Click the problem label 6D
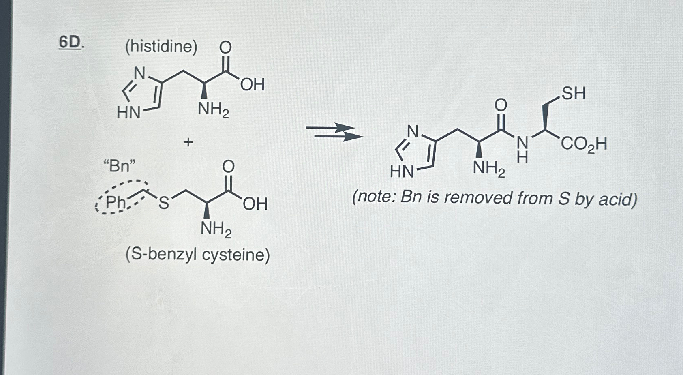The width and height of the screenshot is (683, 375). pos(71,43)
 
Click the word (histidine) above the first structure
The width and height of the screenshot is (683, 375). pos(161,47)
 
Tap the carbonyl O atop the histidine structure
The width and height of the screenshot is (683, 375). pos(225,48)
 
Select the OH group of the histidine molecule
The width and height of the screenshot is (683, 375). pos(252,85)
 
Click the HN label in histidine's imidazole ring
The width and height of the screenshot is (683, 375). pos(128,112)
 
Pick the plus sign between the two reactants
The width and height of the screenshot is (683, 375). pos(188,142)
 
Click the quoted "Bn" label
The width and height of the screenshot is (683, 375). pos(120,166)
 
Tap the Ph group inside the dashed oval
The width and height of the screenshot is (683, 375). pos(116,202)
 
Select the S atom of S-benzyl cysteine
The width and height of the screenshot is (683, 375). pos(163,203)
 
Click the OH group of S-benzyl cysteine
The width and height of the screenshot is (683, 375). pos(255,204)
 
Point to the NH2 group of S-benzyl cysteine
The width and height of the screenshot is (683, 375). pos(216,229)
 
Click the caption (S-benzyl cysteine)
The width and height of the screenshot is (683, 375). pos(197,255)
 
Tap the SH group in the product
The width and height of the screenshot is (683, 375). pos(574,94)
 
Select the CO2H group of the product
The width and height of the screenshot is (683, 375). pos(584,144)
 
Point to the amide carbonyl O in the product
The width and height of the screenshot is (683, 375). pos(501,105)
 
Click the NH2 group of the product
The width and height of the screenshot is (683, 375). pos(489,168)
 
